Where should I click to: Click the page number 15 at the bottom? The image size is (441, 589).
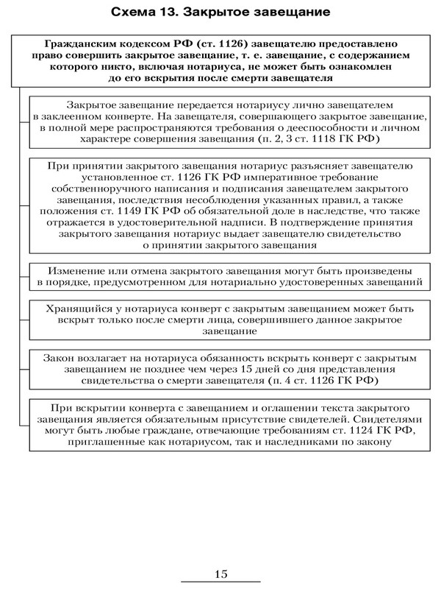click(x=221, y=573)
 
